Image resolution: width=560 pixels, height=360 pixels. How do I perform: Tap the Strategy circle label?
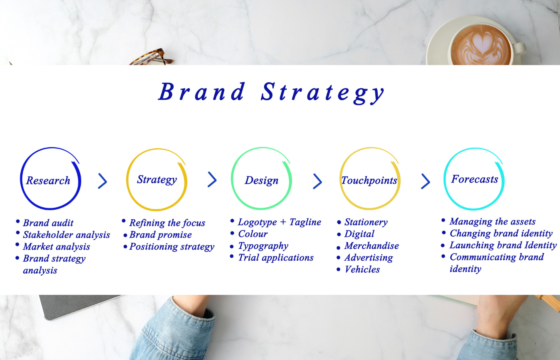157,180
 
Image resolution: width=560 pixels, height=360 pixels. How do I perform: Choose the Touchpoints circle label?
369,180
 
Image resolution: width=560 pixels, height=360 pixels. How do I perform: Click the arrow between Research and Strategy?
102,181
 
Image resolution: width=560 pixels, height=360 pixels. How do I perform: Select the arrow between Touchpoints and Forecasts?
426,181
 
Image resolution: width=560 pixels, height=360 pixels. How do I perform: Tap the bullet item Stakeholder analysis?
66,235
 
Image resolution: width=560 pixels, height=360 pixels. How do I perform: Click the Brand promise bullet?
160,235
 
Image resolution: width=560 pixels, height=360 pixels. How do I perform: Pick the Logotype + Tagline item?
280,222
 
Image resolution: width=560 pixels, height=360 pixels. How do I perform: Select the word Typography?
263,246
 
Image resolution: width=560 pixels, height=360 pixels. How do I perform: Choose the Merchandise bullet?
372,246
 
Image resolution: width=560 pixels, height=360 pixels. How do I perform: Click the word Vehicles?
362,270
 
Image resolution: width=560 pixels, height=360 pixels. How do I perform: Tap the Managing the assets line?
492,222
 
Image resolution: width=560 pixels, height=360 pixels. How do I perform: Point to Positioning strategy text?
172,247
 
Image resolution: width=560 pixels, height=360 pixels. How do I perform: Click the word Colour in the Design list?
253,234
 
